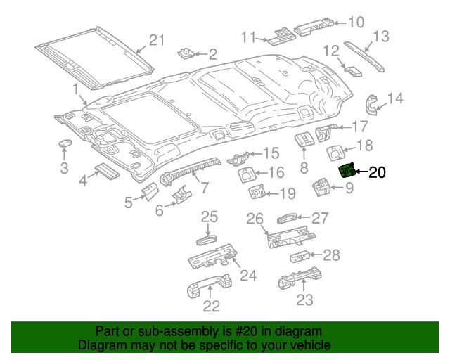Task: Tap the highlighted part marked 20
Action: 347,171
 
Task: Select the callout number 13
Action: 380,37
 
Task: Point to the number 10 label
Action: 356,22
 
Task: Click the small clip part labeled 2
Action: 188,53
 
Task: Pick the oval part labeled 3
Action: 65,144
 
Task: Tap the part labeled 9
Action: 322,188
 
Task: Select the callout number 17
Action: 359,127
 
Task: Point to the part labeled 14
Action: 371,103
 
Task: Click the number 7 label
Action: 204,188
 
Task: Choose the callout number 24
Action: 248,275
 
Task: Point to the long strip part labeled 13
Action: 365,56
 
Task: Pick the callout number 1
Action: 75,89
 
